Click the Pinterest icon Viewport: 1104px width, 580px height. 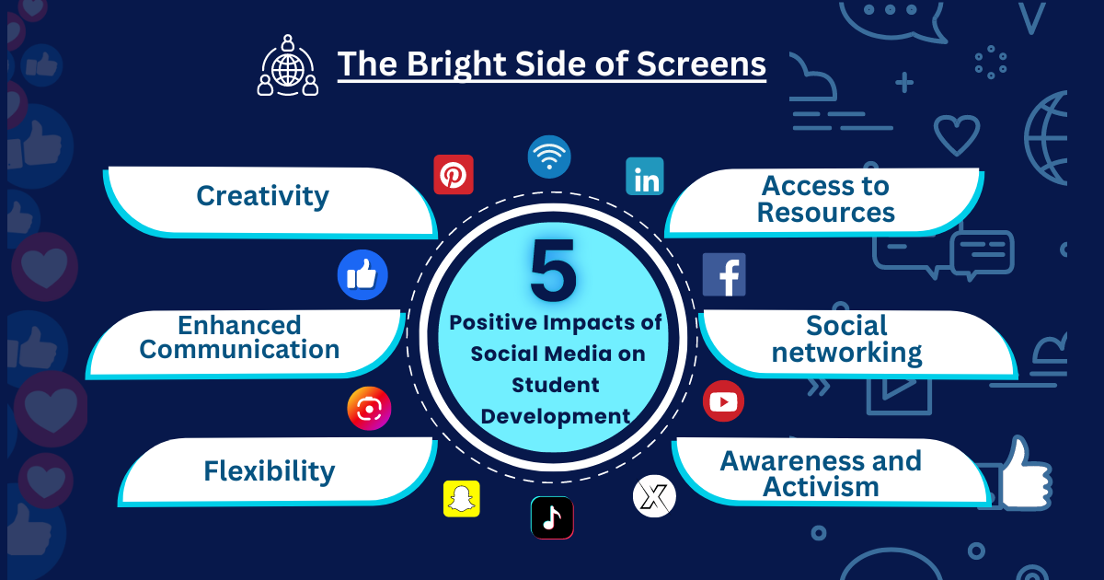tap(454, 174)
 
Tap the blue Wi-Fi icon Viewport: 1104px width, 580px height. tap(549, 157)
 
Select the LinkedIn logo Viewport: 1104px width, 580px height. tap(645, 176)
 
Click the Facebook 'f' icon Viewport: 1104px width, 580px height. tap(724, 274)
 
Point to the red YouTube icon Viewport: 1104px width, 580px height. tap(723, 401)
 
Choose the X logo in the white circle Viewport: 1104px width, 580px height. tap(654, 497)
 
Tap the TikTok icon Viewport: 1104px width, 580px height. tap(552, 517)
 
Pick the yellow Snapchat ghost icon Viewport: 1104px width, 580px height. tap(462, 499)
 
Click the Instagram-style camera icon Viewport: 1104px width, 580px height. tap(369, 409)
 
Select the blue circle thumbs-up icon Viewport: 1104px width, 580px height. tap(362, 275)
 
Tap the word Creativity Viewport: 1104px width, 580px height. tap(262, 196)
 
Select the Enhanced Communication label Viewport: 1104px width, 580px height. tap(239, 337)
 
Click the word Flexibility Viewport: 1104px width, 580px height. tap(270, 471)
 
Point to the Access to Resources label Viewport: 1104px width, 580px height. tap(825, 199)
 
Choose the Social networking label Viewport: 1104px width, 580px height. tap(846, 339)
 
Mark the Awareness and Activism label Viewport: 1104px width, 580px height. tap(821, 473)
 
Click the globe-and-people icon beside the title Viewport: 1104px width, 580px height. tap(288, 65)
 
